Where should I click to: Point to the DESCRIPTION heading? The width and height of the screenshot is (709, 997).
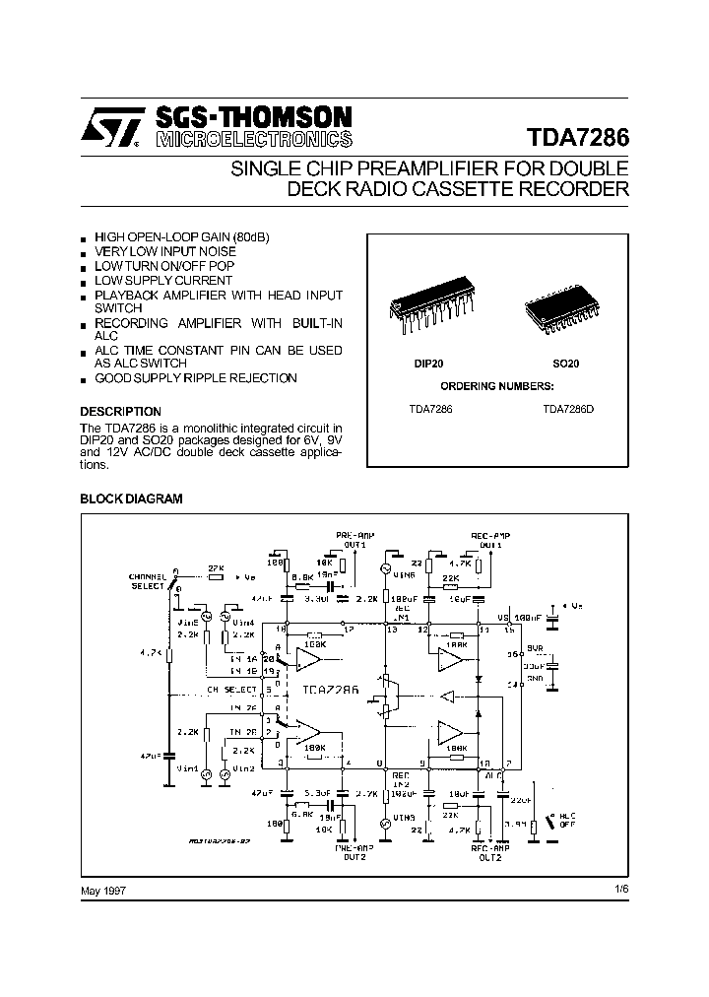[120, 411]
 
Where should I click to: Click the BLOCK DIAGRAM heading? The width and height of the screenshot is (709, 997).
[131, 499]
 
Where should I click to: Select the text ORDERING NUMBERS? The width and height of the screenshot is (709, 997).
[496, 385]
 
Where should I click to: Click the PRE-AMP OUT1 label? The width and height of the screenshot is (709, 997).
[352, 539]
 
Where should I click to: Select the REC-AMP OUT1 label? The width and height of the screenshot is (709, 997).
[489, 539]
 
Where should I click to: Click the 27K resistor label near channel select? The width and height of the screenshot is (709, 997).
[216, 567]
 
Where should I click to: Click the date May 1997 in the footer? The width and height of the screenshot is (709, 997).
[102, 890]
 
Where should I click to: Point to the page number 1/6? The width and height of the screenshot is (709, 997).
[619, 890]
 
